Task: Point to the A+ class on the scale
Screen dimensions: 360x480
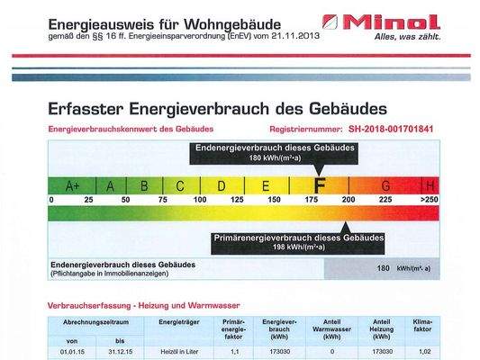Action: click(x=73, y=186)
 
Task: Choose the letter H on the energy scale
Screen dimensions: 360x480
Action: click(x=431, y=185)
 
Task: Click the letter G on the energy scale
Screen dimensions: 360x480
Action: click(x=385, y=185)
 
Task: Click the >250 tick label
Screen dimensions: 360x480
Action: click(x=430, y=200)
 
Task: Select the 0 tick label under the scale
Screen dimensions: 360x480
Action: click(x=51, y=200)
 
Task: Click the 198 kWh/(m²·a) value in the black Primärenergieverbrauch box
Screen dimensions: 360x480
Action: click(x=298, y=247)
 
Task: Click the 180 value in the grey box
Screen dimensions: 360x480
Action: click(x=382, y=268)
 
